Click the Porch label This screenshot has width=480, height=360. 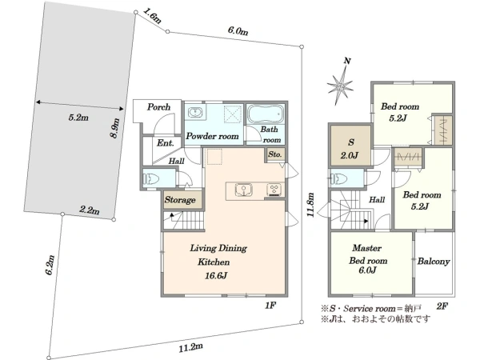[158, 107]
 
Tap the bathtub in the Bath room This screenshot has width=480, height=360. [266, 114]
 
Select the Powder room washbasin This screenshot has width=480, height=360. [194, 112]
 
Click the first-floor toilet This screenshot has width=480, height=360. [151, 178]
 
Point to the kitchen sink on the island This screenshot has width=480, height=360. [244, 190]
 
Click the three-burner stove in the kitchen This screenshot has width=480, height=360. [274, 190]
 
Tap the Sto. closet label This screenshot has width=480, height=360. [274, 154]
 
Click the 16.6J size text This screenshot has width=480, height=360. [216, 276]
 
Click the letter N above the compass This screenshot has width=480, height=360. [347, 61]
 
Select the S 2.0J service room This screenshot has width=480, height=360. [350, 146]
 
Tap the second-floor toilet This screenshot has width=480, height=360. [338, 178]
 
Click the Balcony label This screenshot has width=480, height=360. [434, 262]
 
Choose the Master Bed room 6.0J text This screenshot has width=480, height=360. [367, 259]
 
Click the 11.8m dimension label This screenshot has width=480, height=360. [310, 205]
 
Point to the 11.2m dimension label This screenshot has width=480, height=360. [190, 347]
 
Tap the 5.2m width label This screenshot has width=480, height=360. [78, 118]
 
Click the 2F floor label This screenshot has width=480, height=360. [442, 306]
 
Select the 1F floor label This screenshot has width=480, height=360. [270, 306]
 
